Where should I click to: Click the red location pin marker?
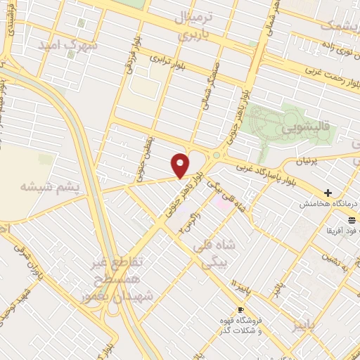(x=181, y=165)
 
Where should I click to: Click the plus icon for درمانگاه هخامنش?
(x=328, y=192)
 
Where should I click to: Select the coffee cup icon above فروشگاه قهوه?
(x=240, y=310)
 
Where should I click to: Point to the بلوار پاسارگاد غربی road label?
(x=266, y=169)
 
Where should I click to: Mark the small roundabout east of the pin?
(x=217, y=155)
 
